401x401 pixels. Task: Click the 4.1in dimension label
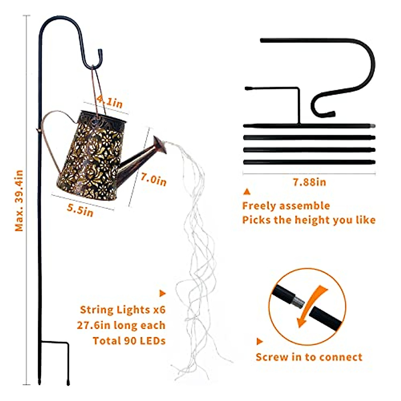point(110,101)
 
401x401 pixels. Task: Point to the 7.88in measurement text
point(309,182)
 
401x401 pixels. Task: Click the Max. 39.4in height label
point(19,200)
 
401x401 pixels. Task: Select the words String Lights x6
point(123,310)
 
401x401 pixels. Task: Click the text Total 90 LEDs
point(129,341)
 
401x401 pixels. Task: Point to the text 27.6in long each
point(121,325)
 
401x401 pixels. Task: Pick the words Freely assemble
point(286,206)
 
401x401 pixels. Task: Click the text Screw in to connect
point(309,357)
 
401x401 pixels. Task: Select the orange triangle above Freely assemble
point(247,192)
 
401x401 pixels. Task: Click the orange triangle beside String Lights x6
point(162,294)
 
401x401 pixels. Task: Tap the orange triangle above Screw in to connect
point(260,342)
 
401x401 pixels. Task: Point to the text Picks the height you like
point(309,220)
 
